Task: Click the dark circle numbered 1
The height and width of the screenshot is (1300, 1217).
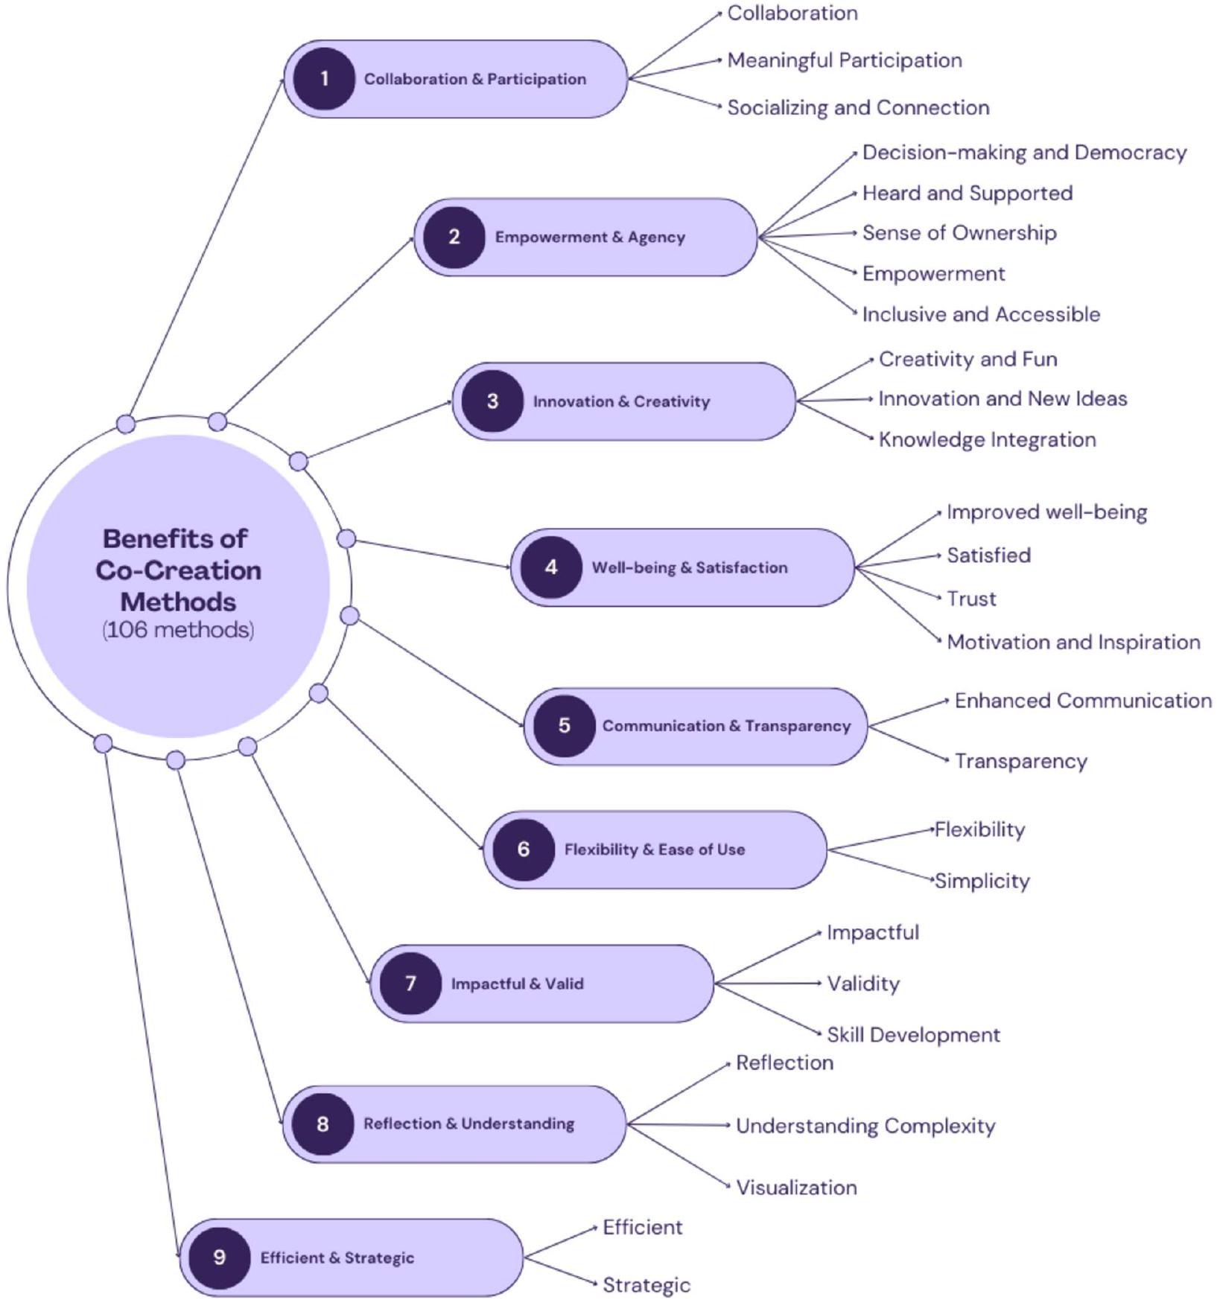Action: [x=324, y=79]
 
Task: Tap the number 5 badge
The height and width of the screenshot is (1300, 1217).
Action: [x=564, y=726]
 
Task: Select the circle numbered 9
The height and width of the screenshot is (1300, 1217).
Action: [x=219, y=1258]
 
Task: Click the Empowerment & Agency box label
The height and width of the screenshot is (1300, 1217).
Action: [x=590, y=238]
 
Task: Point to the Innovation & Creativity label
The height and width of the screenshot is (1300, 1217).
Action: [x=621, y=402]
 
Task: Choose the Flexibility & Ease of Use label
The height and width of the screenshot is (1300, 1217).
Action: [x=654, y=850]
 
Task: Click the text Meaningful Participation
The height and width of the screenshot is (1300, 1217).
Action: [x=844, y=60]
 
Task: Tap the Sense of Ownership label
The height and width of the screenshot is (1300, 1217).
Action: [x=959, y=233]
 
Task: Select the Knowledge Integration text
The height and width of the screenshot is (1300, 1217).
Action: [x=987, y=439]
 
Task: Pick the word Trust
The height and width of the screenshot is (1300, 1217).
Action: [x=970, y=599]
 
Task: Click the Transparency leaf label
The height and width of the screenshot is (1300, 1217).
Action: [x=1020, y=761]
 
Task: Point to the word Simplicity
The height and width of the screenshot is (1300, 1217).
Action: [x=982, y=881]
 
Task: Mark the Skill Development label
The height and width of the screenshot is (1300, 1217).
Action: [x=913, y=1035]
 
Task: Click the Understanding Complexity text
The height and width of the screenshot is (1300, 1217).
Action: [x=865, y=1126]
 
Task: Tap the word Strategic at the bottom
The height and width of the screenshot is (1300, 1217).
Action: [x=646, y=1285]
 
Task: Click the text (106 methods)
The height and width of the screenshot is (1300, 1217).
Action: [x=178, y=630]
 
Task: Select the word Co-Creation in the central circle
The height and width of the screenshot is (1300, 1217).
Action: [x=178, y=570]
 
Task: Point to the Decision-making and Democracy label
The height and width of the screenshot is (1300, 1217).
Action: [x=1024, y=153]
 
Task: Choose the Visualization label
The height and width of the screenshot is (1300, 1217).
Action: [x=795, y=1188]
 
